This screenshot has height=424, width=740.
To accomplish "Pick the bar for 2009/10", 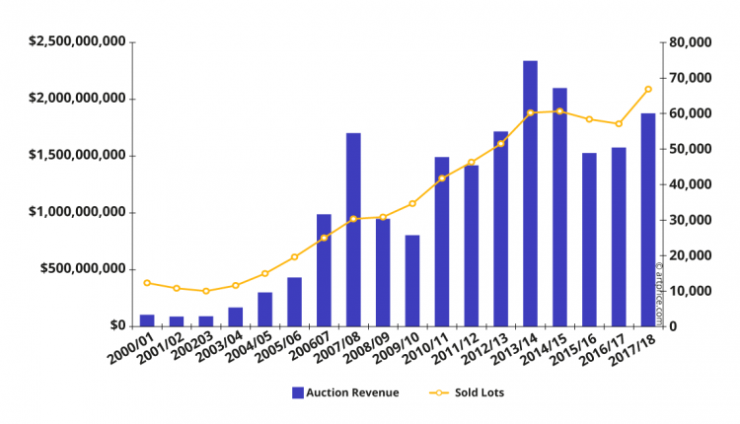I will (412, 280).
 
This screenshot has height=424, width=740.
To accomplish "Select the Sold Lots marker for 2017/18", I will (647, 90).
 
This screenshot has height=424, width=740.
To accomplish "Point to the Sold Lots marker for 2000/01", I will (147, 283).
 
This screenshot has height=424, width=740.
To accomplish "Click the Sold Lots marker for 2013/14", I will (530, 112).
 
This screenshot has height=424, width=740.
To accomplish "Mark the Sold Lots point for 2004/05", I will (264, 273).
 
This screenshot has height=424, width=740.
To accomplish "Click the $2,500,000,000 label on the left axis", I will (77, 41).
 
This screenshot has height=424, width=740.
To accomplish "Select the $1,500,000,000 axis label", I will (77, 155).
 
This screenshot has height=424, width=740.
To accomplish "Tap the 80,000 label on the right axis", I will (689, 42).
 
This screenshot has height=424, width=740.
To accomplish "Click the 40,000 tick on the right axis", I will (689, 184).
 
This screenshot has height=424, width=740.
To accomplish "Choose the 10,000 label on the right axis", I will (689, 291).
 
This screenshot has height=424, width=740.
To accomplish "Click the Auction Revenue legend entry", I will (344, 392).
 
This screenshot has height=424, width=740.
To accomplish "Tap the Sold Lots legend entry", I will (465, 392).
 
